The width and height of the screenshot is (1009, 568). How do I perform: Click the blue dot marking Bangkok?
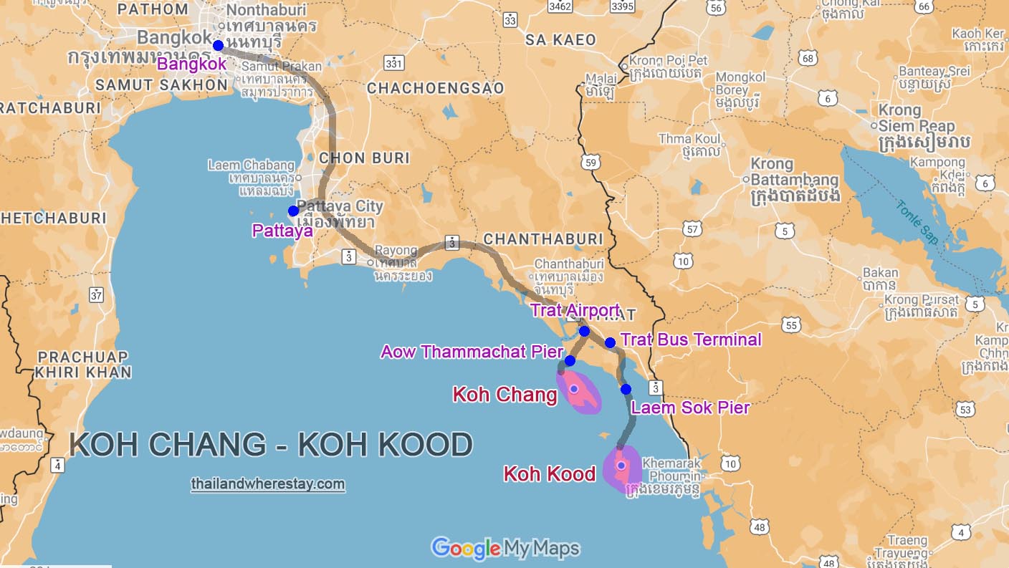218,45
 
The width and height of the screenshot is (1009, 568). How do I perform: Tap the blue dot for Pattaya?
293,211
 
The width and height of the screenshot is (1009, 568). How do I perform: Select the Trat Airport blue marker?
584,331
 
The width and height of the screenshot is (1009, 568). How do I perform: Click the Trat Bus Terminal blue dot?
610,342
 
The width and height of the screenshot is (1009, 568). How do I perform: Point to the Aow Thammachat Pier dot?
570,360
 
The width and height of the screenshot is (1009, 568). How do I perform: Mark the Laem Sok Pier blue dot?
626,389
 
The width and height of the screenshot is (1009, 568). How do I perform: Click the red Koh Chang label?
505,395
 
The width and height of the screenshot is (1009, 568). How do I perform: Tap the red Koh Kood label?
550,473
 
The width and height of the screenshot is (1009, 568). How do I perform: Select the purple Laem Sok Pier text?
689,408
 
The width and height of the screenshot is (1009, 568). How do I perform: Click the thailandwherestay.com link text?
268,484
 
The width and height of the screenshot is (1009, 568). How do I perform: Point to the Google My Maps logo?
505,549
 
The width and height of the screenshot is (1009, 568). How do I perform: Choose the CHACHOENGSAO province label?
435,88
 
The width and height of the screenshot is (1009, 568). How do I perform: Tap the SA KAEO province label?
560,39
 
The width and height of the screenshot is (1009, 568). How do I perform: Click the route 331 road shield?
393,64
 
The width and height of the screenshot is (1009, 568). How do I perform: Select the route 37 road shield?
97,294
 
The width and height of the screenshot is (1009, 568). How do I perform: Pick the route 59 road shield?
591,163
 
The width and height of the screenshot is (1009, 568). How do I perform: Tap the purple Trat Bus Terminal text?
691,340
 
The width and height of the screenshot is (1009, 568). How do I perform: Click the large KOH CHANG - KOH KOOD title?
271,445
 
